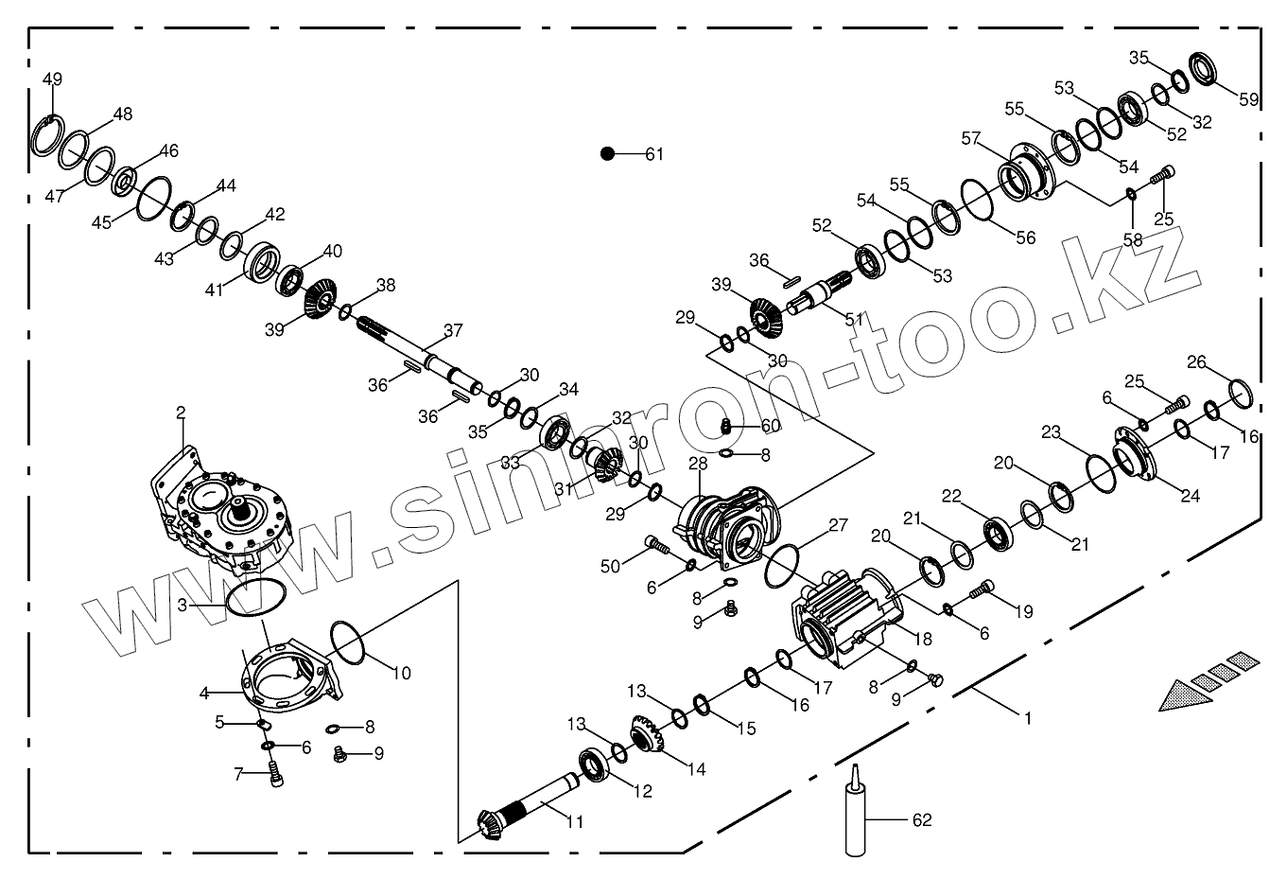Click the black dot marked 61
[x=608, y=153]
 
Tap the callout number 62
[x=920, y=818]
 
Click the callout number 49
[x=53, y=78]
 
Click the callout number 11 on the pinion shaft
[x=575, y=821]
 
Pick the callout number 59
[x=1249, y=98]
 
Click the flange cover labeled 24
[x=1136, y=460]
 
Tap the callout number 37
[x=454, y=330]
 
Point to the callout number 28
[x=698, y=464]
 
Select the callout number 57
[x=970, y=139]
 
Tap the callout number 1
[x=1027, y=718]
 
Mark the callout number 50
[x=610, y=566]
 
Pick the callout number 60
[x=771, y=425]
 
